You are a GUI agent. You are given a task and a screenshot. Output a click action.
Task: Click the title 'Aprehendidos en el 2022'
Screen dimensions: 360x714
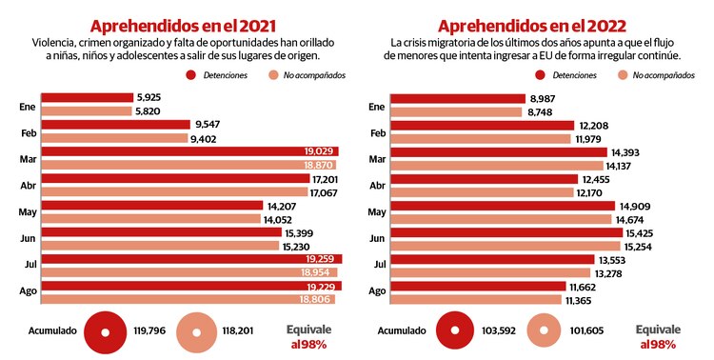527,26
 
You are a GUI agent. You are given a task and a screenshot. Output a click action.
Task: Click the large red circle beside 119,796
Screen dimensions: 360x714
107,332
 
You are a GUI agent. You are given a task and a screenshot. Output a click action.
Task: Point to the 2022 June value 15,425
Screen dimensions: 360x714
640,232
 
